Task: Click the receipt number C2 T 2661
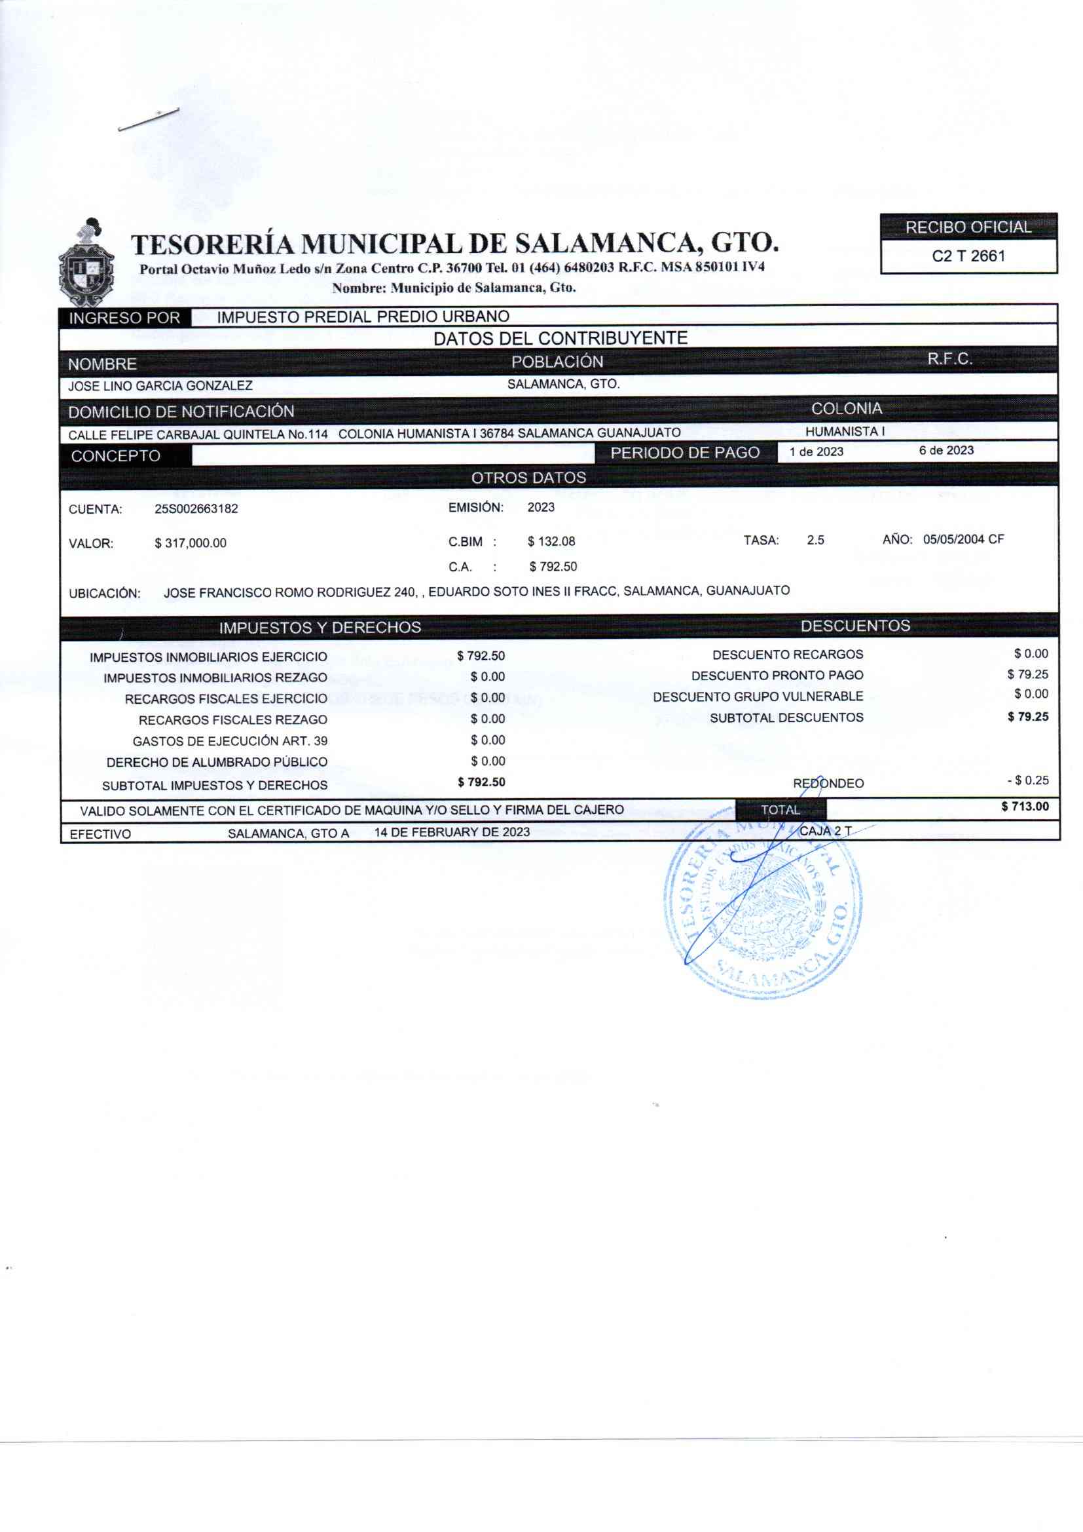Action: [x=968, y=256]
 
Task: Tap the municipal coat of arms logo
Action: [x=86, y=263]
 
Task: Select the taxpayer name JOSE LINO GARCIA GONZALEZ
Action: [x=160, y=386]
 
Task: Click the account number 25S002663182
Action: [x=196, y=509]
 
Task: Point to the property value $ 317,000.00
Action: [x=190, y=543]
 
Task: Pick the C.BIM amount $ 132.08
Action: [x=551, y=541]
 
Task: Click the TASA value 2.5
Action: [x=815, y=541]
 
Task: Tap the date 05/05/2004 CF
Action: [x=963, y=539]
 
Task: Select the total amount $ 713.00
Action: [x=1024, y=807]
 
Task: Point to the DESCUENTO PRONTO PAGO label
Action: [x=777, y=676]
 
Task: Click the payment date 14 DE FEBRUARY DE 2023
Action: [x=452, y=832]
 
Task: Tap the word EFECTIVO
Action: [x=100, y=834]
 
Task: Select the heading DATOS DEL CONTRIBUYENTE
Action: [x=560, y=338]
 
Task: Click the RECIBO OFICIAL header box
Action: [x=968, y=227]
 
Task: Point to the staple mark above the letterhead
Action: [x=148, y=119]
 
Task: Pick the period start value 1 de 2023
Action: [x=817, y=451]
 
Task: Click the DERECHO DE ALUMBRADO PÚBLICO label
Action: [x=217, y=762]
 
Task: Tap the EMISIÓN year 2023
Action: [x=541, y=507]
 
